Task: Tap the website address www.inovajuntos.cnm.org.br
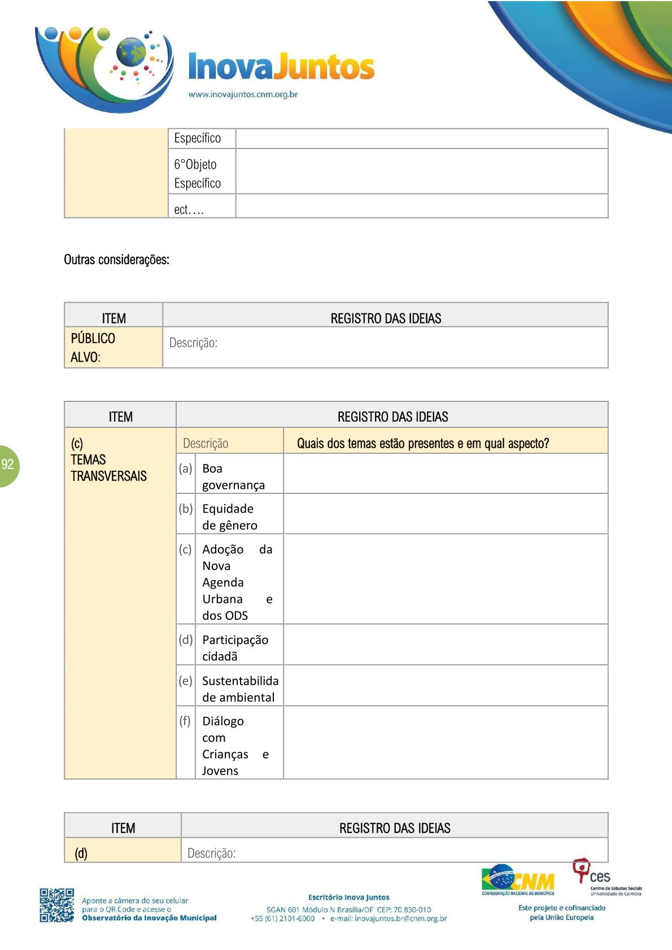243,94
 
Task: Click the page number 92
8,465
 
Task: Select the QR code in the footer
56,905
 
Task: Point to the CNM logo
518,880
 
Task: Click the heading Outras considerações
116,260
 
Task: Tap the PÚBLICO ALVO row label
93,347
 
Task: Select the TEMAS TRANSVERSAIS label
108,468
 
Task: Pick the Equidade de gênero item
229,516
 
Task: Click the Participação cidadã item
235,647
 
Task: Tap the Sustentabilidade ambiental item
240,689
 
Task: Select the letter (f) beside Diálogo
185,721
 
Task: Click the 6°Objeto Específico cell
197,173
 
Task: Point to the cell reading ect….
189,209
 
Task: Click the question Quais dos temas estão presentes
422,443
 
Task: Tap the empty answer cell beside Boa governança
445,474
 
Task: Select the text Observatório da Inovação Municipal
149,918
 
